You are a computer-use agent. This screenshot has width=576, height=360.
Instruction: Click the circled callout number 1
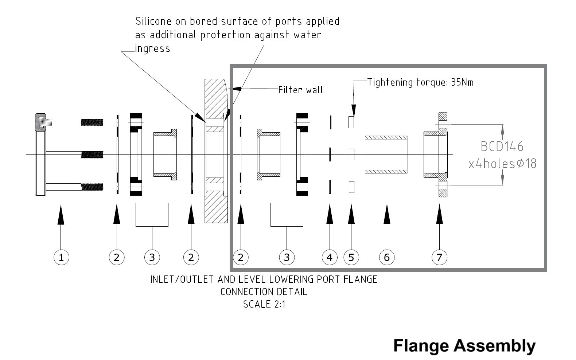61,258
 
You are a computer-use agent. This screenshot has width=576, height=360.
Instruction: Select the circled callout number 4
330,258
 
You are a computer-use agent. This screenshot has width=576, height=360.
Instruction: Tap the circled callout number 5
351,258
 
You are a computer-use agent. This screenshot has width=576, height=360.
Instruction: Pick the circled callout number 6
386,258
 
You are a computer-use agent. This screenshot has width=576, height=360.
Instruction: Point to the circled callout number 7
439,258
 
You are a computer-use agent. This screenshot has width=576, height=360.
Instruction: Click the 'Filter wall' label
300,90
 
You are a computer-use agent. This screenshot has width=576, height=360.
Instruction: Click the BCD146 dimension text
502,146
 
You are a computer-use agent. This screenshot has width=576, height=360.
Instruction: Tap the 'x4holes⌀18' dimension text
502,164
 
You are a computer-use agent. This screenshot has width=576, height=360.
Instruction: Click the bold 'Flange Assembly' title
464,345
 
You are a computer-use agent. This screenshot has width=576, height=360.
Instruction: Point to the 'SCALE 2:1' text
264,304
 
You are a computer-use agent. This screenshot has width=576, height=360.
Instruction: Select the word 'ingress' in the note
152,48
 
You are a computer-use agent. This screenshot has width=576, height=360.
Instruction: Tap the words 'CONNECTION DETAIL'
264,292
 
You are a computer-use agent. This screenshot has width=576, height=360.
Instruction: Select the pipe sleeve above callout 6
386,154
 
